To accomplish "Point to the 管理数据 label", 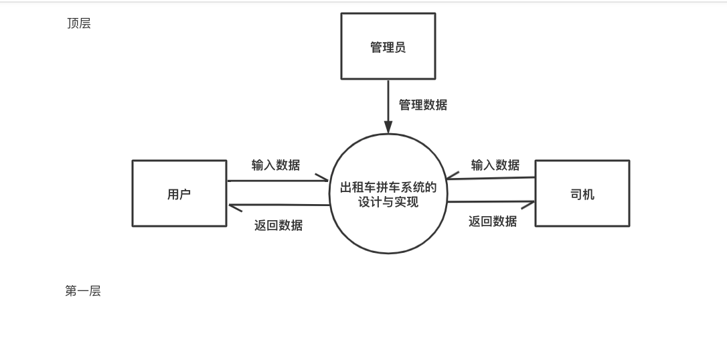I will coord(423,105).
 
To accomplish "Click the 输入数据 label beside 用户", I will coord(276,165).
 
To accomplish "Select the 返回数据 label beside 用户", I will coord(278,226).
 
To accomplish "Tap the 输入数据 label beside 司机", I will coord(495,165).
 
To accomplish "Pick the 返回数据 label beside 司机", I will coord(493,221).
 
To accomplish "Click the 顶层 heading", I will coord(79,24).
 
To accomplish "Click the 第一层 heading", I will coord(83,291).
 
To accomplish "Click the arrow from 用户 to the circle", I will coord(278,181).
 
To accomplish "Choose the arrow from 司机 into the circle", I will coord(491,178).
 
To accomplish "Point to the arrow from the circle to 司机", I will coord(491,201).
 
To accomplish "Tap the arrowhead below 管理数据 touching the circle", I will coord(388,127).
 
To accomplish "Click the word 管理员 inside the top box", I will coord(388,48).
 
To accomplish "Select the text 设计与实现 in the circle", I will coord(388,202).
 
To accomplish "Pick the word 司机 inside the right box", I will coord(582,195).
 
